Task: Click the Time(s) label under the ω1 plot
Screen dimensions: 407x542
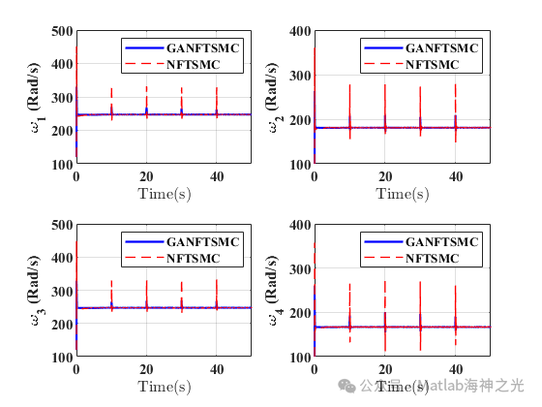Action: [164, 194]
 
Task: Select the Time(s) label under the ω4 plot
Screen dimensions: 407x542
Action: [402, 387]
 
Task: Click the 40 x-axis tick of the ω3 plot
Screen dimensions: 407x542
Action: [217, 370]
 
